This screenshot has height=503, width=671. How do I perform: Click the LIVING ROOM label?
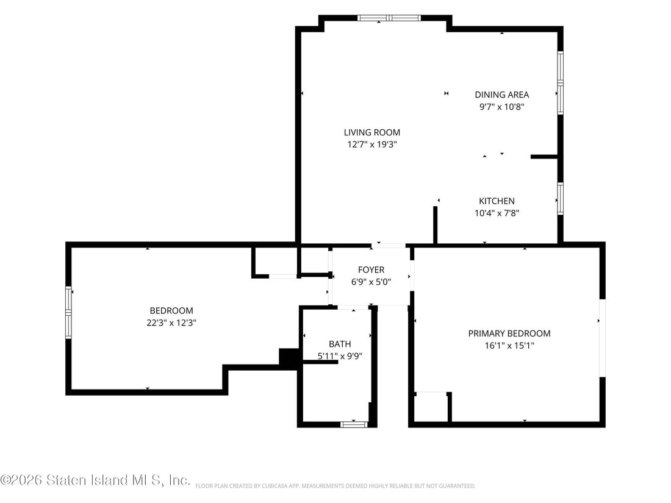pyautogui.click(x=372, y=132)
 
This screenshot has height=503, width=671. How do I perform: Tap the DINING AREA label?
pyautogui.click(x=502, y=95)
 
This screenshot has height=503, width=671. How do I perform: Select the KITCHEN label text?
pyautogui.click(x=497, y=201)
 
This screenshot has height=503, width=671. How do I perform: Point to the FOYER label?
pyautogui.click(x=371, y=270)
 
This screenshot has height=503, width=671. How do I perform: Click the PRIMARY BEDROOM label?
pyautogui.click(x=509, y=334)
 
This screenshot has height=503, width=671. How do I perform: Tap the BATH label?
pyautogui.click(x=340, y=344)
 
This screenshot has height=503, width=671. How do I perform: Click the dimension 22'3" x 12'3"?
pyautogui.click(x=171, y=323)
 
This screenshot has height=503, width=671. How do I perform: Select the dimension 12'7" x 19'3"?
pyautogui.click(x=372, y=144)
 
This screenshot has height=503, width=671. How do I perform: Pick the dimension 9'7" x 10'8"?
pyautogui.click(x=502, y=107)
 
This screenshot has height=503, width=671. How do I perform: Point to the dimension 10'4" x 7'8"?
pyautogui.click(x=497, y=213)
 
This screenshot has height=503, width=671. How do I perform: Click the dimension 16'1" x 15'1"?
pyautogui.click(x=509, y=346)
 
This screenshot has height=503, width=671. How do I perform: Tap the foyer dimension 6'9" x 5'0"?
pyautogui.click(x=371, y=282)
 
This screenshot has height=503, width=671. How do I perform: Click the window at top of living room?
pyautogui.click(x=389, y=18)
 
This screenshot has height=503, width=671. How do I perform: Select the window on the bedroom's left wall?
pyautogui.click(x=68, y=313)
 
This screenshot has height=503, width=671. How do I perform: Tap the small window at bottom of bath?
pyautogui.click(x=354, y=424)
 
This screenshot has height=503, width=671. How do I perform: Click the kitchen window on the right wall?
pyautogui.click(x=560, y=199)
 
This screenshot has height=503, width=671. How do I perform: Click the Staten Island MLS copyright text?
pyautogui.click(x=95, y=480)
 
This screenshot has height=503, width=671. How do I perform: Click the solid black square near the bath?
pyautogui.click(x=289, y=357)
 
